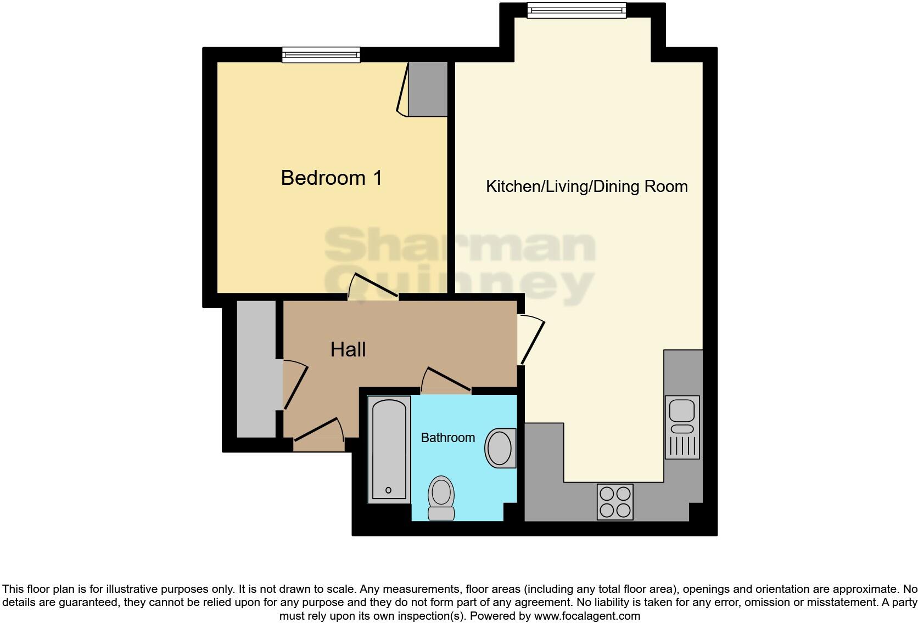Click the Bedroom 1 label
(331, 178)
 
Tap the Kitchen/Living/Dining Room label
(586, 186)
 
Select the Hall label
(348, 349)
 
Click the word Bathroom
(447, 438)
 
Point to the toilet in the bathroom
(441, 497)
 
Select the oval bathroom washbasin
(500, 448)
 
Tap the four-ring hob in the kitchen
(615, 501)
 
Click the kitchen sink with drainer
(682, 427)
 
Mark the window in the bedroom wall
(321, 54)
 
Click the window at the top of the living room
(576, 10)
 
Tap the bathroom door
(447, 379)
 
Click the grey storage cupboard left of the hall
(256, 369)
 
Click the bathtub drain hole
(389, 490)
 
